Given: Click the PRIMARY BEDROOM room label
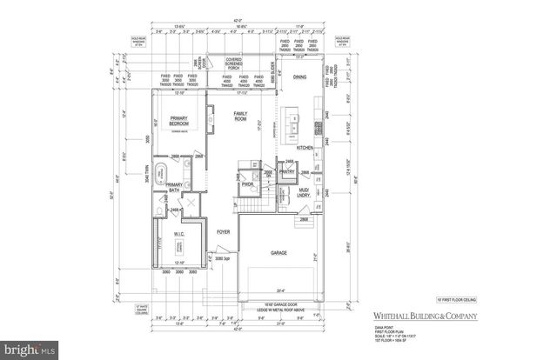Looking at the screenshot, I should (180, 123).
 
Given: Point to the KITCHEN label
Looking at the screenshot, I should (305, 149).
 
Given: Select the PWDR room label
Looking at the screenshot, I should (247, 184).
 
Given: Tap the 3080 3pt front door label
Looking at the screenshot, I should (221, 258).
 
